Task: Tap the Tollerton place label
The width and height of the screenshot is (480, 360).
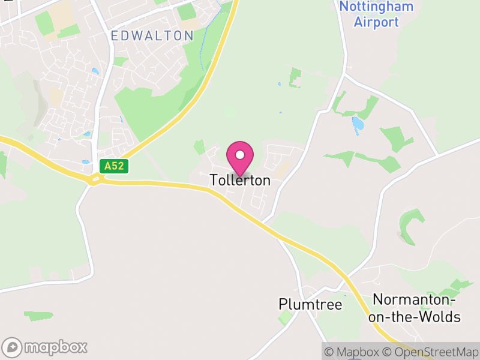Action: tap(240, 180)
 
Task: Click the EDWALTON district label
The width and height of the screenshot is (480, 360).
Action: tap(152, 36)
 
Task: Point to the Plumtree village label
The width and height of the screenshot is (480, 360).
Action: tap(310, 305)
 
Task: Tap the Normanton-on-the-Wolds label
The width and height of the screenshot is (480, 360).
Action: tap(416, 308)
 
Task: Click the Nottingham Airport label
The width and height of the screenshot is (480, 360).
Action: tap(376, 15)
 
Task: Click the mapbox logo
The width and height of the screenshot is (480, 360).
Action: tap(46, 347)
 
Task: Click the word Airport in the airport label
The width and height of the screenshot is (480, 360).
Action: tap(376, 23)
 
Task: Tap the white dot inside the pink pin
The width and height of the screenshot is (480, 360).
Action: tap(240, 155)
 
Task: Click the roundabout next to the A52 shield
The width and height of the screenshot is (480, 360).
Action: tap(94, 178)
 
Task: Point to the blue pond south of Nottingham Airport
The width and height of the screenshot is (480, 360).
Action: tap(358, 124)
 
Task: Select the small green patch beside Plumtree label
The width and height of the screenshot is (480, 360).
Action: tap(286, 317)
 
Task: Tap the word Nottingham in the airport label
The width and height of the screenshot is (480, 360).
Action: tap(376, 7)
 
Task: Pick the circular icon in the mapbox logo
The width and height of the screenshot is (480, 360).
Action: tap(13, 347)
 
